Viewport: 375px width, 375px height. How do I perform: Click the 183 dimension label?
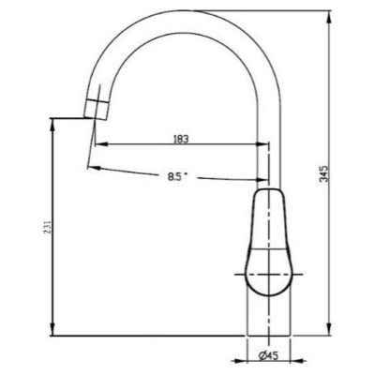click(x=181, y=139)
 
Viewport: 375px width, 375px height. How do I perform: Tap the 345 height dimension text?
click(x=325, y=173)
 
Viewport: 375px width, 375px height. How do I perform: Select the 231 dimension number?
click(x=47, y=227)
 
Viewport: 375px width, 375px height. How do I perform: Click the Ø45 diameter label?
click(x=269, y=355)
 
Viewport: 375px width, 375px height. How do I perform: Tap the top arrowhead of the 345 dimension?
click(x=329, y=18)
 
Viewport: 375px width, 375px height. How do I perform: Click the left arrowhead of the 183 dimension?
click(x=101, y=144)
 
